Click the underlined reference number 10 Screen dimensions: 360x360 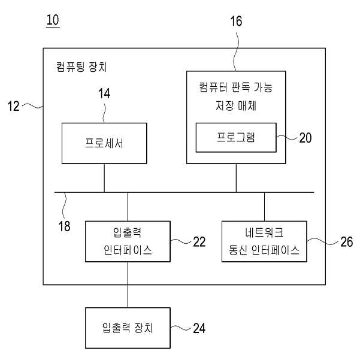pos(53,20)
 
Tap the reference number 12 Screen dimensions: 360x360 pos(14,106)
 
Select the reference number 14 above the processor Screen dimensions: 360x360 pos(104,93)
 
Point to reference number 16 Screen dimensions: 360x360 pos(236,21)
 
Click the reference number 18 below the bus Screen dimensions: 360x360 pos(64,226)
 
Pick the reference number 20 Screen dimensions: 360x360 pos(305,138)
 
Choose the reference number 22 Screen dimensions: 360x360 pos(199,242)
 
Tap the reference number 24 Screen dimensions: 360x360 pos(199,328)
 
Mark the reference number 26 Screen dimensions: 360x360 pos(346,242)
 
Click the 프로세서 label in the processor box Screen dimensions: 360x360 pos(104,143)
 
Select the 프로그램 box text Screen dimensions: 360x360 pos(236,137)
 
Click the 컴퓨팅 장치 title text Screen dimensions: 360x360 pos(81,67)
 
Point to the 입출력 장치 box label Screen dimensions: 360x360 pos(128,328)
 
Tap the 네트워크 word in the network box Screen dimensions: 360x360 pos(264,232)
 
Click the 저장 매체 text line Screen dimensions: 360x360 pos(236,105)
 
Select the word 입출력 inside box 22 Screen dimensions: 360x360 pos(128,232)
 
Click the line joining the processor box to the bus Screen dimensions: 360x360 pos(104,178)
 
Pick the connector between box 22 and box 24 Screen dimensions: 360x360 pos(128,285)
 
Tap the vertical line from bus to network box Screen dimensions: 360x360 pos(264,207)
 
